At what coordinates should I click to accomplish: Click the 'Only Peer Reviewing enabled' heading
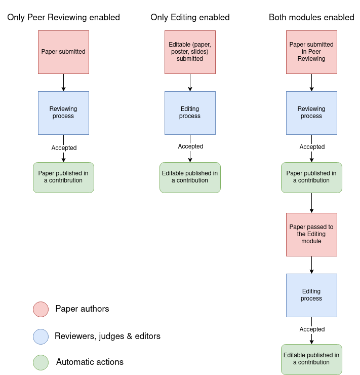point(63,17)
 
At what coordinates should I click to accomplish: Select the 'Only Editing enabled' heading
point(190,17)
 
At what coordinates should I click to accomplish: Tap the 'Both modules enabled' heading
point(311,17)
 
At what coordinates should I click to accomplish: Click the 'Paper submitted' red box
point(63,52)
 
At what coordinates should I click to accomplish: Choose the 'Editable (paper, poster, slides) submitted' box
point(190,52)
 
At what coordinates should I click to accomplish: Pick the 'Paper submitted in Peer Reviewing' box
point(312,52)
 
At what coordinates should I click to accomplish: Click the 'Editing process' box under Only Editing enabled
point(190,113)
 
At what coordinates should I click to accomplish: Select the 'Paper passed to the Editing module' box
point(312,235)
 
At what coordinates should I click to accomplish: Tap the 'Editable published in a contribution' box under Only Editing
point(190,178)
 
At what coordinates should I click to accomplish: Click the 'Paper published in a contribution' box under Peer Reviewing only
point(63,178)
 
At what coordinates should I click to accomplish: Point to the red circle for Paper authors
point(41,310)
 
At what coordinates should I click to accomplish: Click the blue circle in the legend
point(41,336)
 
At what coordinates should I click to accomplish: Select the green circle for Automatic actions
point(41,362)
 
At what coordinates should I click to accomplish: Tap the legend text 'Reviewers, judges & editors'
point(107,336)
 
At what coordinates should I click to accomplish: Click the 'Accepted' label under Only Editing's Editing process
point(190,146)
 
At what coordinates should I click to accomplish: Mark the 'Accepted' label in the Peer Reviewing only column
point(64,148)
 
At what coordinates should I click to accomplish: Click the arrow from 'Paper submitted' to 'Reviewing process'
point(63,83)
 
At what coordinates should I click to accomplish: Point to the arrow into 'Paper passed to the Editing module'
point(312,203)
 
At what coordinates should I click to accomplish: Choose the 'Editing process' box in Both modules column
point(312,295)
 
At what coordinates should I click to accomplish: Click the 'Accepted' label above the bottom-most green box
point(312,329)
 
